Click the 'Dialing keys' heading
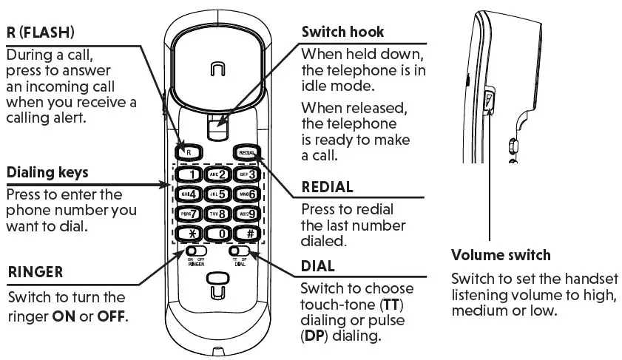coord(47,173)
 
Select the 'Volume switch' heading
coord(501,256)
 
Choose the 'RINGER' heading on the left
coord(35,273)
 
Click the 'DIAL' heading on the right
coord(318,265)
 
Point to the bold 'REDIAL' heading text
coord(327,188)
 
